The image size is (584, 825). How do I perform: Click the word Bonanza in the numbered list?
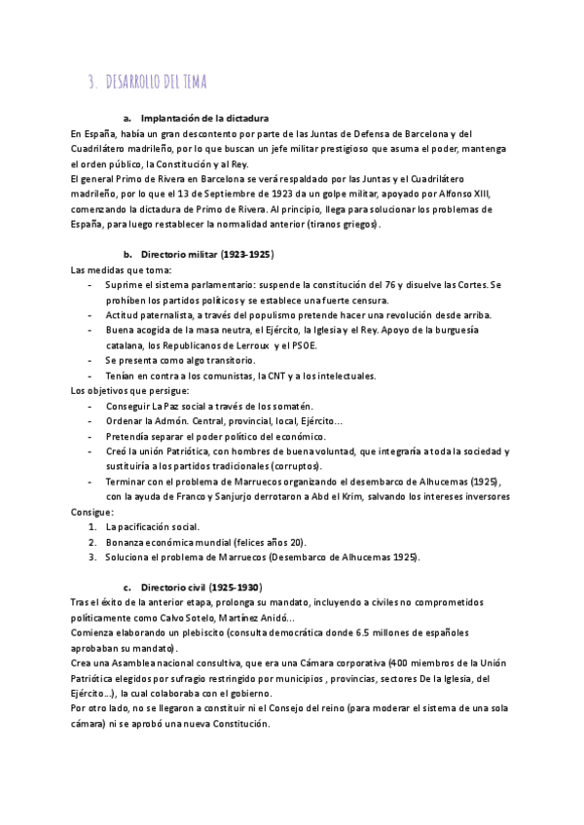click(128, 542)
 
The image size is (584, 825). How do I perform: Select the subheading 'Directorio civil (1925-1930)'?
click(201, 588)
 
